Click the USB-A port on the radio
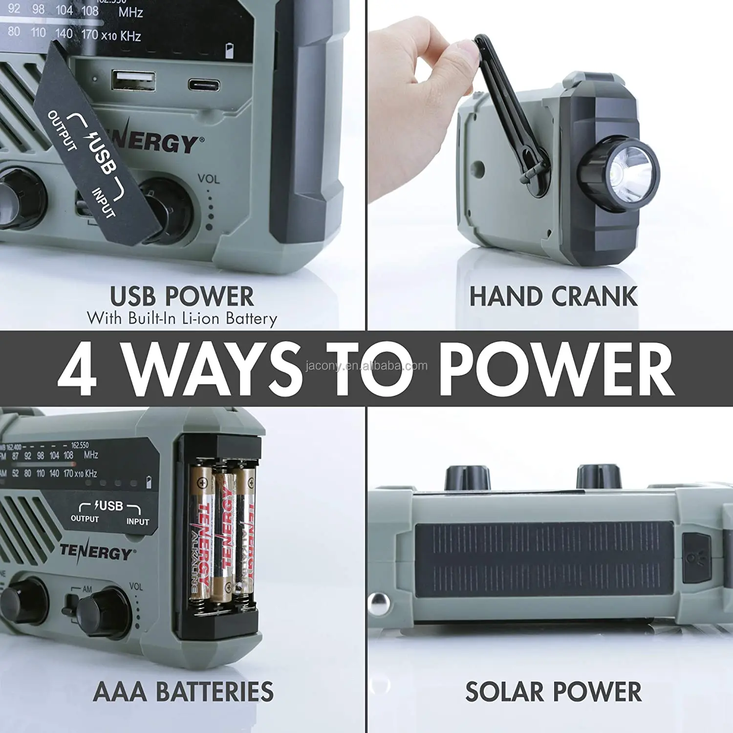133,81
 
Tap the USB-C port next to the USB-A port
204,85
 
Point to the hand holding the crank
420,98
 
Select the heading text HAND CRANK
553,297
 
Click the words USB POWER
182,296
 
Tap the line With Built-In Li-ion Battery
182,319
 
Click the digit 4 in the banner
77,369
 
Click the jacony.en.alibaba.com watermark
366,366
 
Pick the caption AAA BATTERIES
183,692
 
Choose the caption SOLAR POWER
553,692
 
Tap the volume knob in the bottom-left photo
103,611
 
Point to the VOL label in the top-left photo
209,179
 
